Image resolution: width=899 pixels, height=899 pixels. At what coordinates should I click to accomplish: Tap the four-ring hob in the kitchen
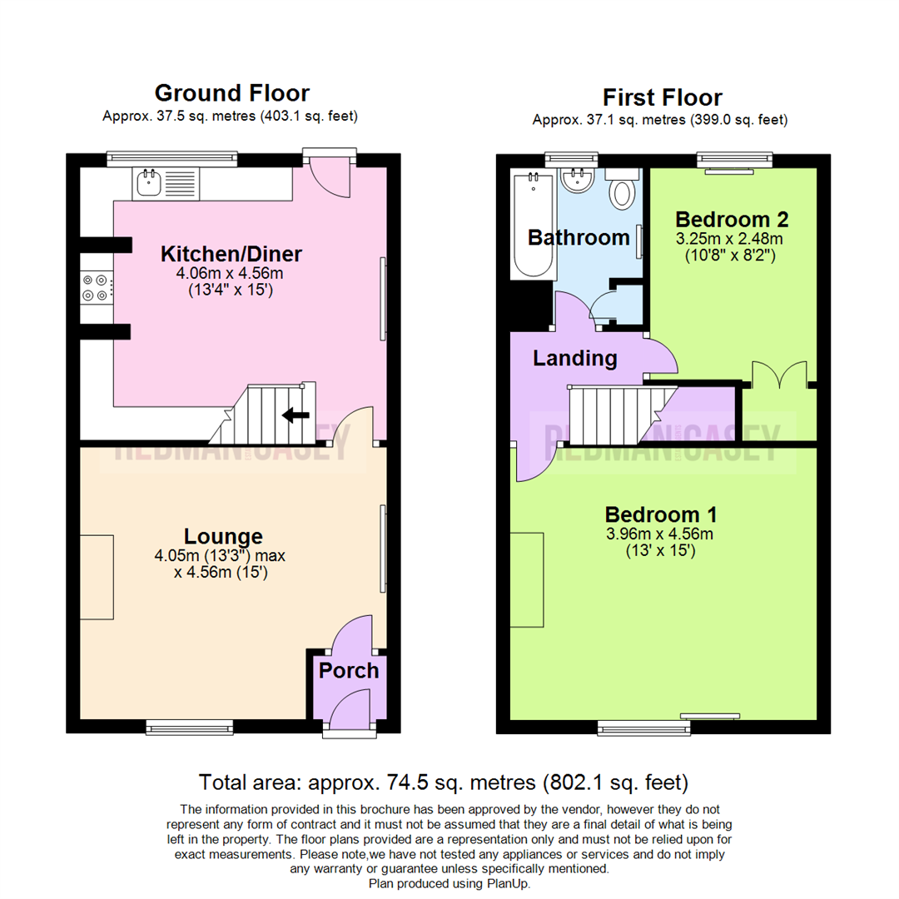(x=93, y=287)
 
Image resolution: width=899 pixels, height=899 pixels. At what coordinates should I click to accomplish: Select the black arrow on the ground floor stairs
(x=296, y=415)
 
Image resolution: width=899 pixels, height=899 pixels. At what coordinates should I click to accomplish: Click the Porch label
(x=350, y=671)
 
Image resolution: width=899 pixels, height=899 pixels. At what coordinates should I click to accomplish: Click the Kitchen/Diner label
(x=231, y=254)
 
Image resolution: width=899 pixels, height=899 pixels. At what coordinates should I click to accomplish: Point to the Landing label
(x=575, y=359)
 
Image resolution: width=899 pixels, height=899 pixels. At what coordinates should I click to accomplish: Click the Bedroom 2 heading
(x=732, y=220)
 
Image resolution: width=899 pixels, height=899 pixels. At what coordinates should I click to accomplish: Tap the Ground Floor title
(x=231, y=93)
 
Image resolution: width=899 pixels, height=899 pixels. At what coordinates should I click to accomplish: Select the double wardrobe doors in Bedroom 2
(x=778, y=375)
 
